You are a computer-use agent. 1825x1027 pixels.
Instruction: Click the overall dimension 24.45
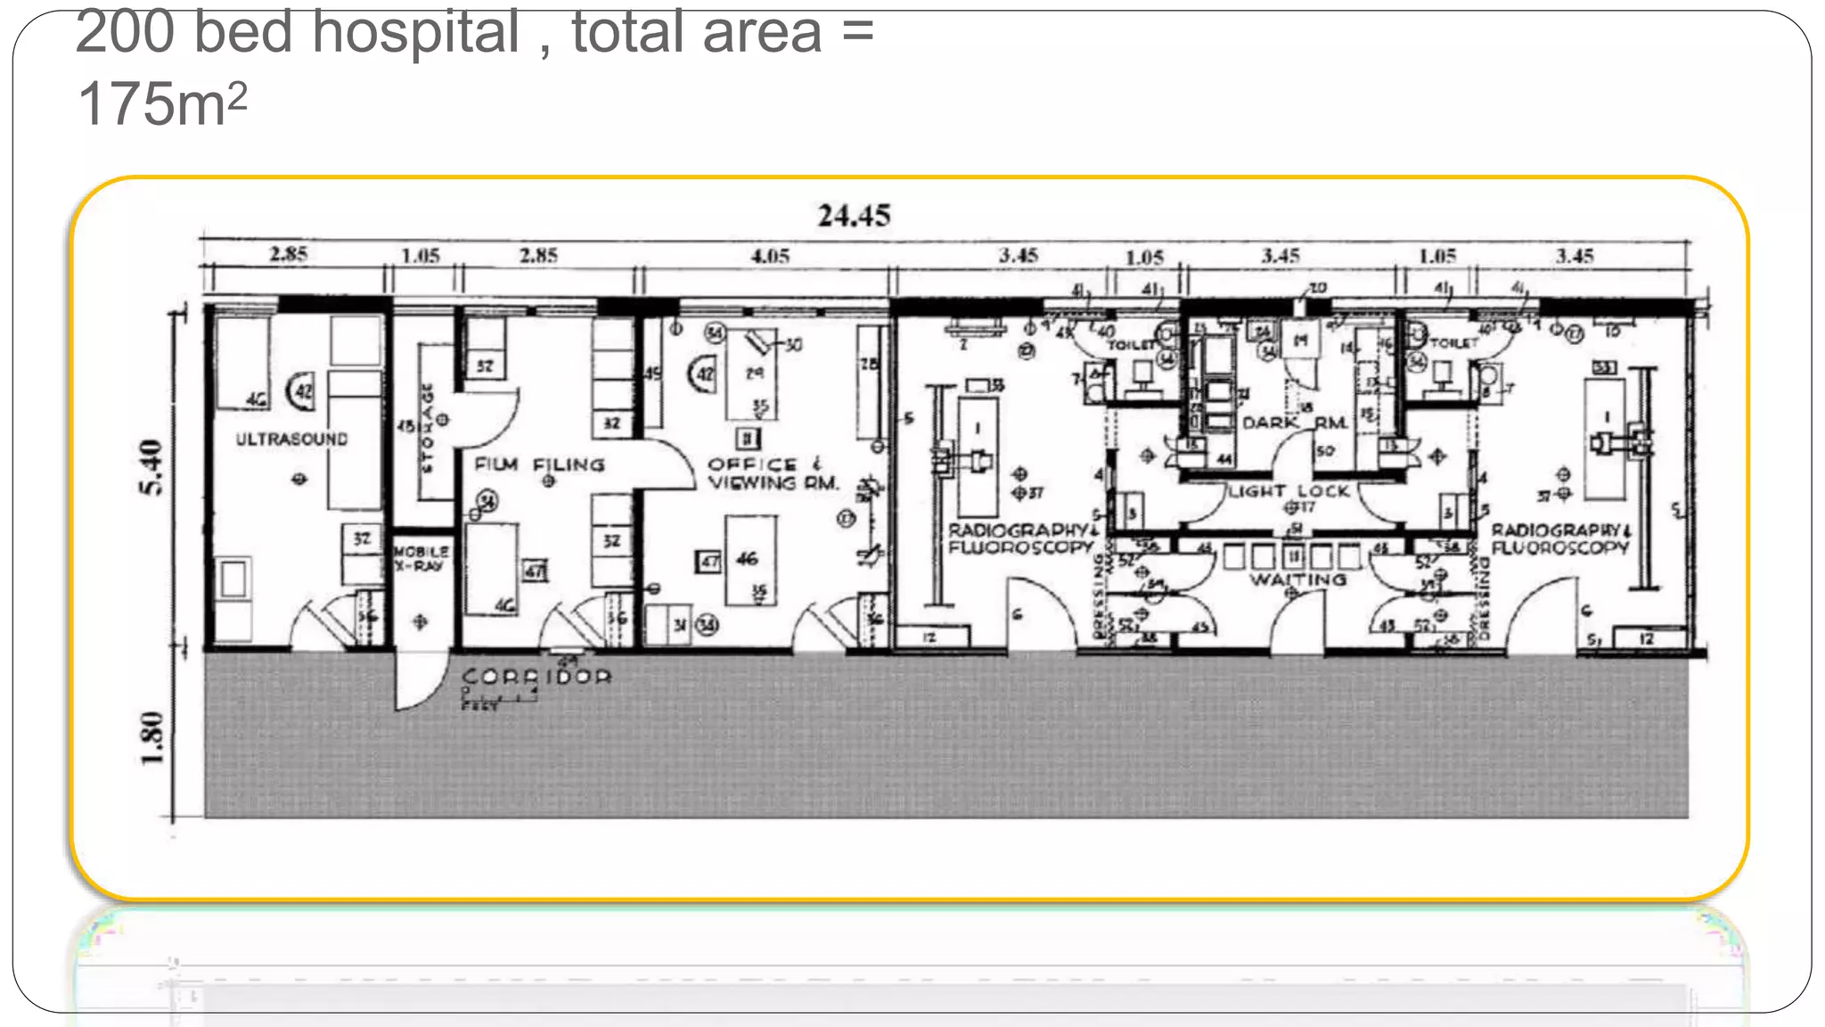[854, 216]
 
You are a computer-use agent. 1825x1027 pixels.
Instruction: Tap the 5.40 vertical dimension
[152, 467]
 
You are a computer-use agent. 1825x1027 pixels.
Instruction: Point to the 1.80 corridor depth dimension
[152, 737]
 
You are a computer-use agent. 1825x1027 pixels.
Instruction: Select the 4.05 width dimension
[770, 257]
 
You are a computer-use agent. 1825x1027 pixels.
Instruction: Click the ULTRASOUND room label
[291, 439]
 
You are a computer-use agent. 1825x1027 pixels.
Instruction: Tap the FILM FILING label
[539, 464]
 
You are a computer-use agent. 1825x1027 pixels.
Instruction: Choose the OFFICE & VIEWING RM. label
[773, 473]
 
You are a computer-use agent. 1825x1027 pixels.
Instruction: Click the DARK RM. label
[1294, 422]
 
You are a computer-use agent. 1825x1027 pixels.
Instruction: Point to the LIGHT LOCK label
[1289, 491]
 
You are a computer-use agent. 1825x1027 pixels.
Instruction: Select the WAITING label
[1297, 579]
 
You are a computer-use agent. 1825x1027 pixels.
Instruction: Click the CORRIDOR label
[536, 677]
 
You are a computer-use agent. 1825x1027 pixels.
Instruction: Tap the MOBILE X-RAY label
[421, 558]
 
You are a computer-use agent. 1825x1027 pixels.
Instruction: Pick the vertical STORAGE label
[429, 427]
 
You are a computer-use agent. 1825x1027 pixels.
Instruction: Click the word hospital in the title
[415, 32]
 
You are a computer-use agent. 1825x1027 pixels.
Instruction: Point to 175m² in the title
[161, 104]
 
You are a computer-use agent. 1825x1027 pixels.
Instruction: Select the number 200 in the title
[125, 32]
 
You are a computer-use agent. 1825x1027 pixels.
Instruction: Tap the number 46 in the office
[748, 559]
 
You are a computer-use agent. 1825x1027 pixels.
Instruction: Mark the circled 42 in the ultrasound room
[303, 391]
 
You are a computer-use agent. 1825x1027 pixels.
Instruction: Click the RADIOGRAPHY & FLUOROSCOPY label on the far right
[1560, 538]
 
